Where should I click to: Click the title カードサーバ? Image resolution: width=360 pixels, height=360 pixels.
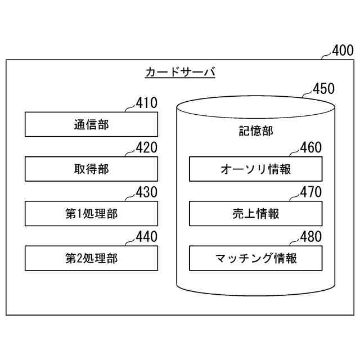coord(181,73)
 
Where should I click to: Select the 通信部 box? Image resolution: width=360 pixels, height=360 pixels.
coord(91,124)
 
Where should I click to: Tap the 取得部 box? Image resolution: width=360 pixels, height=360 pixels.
coord(91,169)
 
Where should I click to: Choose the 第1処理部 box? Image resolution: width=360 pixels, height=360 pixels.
coord(91,214)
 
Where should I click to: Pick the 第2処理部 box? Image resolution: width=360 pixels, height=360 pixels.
coord(91,259)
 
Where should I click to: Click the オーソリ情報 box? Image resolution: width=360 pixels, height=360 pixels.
coord(256,169)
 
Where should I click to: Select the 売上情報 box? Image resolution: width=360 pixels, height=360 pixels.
coord(256,214)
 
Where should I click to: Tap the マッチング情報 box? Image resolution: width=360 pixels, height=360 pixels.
coord(256,259)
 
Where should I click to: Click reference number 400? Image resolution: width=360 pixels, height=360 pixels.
coord(343,51)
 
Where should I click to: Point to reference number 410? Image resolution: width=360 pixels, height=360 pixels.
coord(147,103)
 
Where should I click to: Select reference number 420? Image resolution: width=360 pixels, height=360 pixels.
coord(147,147)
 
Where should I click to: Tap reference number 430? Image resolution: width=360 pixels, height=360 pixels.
coord(147,192)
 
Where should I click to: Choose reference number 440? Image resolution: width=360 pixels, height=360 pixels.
coord(147,237)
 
